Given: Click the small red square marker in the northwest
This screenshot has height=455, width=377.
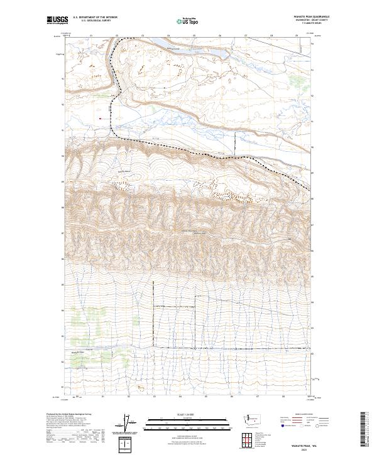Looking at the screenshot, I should [x=100, y=116].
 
